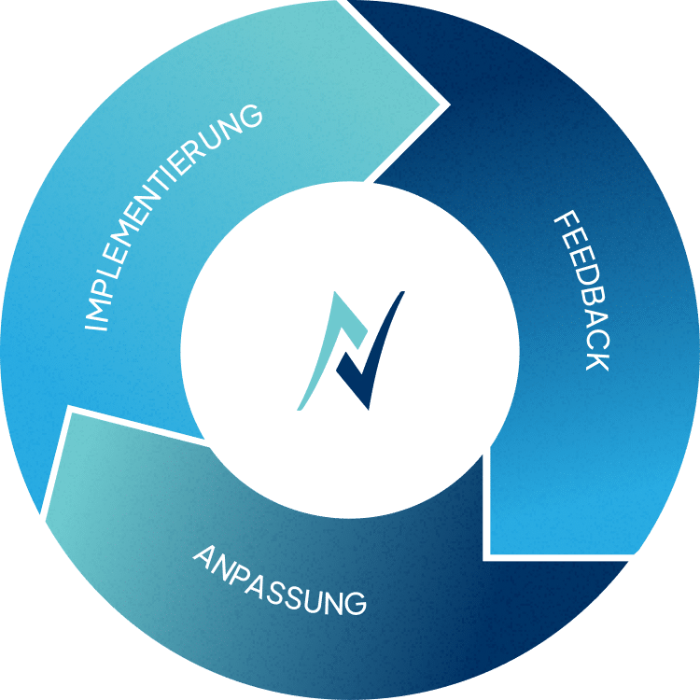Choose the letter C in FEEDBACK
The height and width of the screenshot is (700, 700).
(x=595, y=341)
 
